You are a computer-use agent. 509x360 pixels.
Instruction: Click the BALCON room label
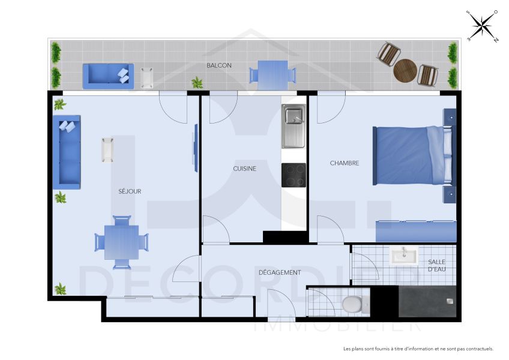pyautogui.click(x=219, y=65)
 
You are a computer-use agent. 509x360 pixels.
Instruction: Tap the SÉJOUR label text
pyautogui.click(x=130, y=191)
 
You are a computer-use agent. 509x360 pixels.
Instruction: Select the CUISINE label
pyautogui.click(x=244, y=169)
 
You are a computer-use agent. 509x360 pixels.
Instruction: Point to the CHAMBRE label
pyautogui.click(x=345, y=163)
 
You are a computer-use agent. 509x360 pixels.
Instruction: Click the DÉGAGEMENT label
pyautogui.click(x=280, y=272)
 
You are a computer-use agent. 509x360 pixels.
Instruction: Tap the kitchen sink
pyautogui.click(x=294, y=126)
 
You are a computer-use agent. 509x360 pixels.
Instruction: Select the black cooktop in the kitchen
pyautogui.click(x=294, y=175)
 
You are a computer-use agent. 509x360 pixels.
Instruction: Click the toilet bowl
pyautogui.click(x=354, y=304)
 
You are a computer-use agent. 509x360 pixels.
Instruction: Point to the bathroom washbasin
pyautogui.click(x=403, y=257)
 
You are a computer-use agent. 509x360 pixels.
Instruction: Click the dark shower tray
pyautogui.click(x=427, y=301)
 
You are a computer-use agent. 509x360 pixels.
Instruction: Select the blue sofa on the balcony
pyautogui.click(x=108, y=76)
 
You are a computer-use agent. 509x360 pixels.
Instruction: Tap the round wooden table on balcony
pyautogui.click(x=405, y=71)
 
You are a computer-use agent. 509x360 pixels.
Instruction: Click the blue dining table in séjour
pyautogui.click(x=121, y=242)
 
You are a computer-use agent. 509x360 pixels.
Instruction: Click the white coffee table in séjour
pyautogui.click(x=107, y=149)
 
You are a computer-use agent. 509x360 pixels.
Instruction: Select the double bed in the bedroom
pyautogui.click(x=411, y=155)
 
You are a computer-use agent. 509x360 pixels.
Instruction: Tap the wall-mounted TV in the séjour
pyautogui.click(x=194, y=148)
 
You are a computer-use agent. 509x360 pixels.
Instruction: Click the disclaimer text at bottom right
pyautogui.click(x=418, y=349)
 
